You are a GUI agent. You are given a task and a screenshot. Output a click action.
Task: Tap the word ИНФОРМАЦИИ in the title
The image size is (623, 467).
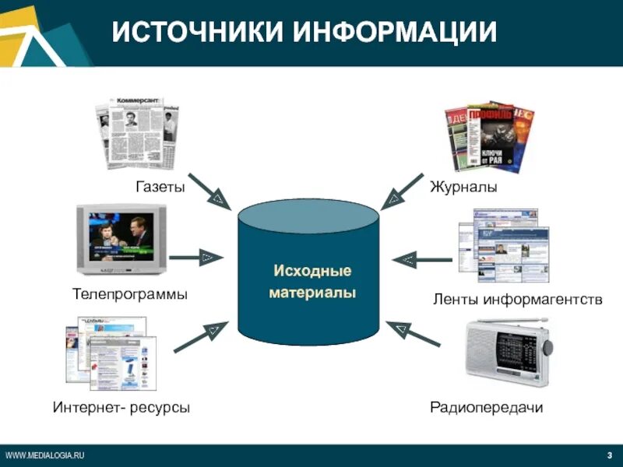click(396, 32)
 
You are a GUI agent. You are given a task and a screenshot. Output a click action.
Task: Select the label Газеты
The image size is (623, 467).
click(160, 188)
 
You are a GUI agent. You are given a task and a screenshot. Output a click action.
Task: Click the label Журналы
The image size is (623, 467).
click(463, 188)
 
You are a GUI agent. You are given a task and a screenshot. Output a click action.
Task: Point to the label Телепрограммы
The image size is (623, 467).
click(130, 295)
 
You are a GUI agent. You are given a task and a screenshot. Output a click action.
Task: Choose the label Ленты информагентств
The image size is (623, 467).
click(518, 299)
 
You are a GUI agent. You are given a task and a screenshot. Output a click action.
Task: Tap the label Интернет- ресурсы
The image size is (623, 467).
click(121, 407)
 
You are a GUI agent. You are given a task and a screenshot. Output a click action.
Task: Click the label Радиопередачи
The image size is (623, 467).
click(487, 407)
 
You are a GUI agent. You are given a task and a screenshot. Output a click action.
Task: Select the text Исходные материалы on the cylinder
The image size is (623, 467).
click(312, 282)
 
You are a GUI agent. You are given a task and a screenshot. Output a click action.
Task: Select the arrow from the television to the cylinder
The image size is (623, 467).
click(195, 256)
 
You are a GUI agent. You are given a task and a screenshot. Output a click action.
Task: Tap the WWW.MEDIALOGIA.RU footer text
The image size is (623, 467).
click(44, 455)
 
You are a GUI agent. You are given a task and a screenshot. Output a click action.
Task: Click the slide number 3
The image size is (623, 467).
click(609, 455)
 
